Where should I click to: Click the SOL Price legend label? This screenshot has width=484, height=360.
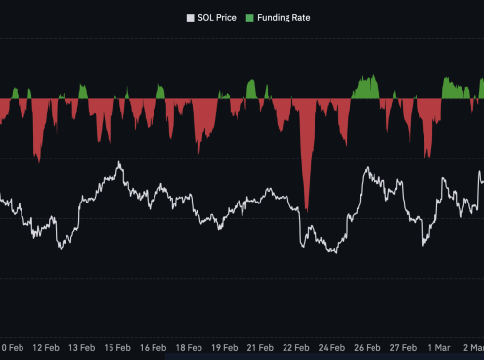(219, 17)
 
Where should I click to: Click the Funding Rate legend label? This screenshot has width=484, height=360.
(285, 17)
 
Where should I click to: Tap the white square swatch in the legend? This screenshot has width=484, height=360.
(191, 17)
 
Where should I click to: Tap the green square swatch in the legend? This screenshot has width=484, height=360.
(249, 17)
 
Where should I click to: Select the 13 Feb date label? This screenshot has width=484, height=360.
(81, 347)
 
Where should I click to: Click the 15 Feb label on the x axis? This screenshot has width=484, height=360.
(117, 347)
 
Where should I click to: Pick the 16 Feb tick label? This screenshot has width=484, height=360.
(153, 347)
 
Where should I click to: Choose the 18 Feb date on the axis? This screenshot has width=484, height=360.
(189, 347)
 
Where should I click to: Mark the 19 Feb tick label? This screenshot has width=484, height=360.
(225, 347)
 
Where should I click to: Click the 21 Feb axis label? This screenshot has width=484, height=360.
(260, 347)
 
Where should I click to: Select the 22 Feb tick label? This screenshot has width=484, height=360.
(296, 347)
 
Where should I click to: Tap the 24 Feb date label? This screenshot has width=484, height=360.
(331, 347)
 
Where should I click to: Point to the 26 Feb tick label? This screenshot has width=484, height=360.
(368, 347)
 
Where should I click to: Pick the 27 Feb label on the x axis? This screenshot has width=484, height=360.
(403, 347)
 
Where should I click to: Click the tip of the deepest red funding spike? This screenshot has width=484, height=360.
(307, 209)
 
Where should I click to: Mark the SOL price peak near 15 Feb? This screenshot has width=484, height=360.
(119, 162)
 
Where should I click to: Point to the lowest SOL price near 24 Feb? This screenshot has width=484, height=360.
(334, 253)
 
